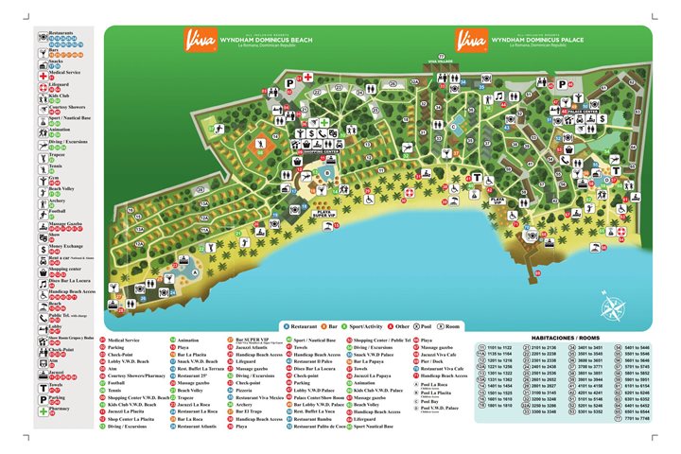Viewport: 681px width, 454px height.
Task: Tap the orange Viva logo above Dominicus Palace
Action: tap(470, 41)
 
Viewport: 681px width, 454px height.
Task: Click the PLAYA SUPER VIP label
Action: tap(324, 214)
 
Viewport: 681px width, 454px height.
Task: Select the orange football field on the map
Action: tap(260, 144)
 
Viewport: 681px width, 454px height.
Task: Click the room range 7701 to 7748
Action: tap(639, 419)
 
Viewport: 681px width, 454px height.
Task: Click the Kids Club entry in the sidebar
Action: tap(59, 96)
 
